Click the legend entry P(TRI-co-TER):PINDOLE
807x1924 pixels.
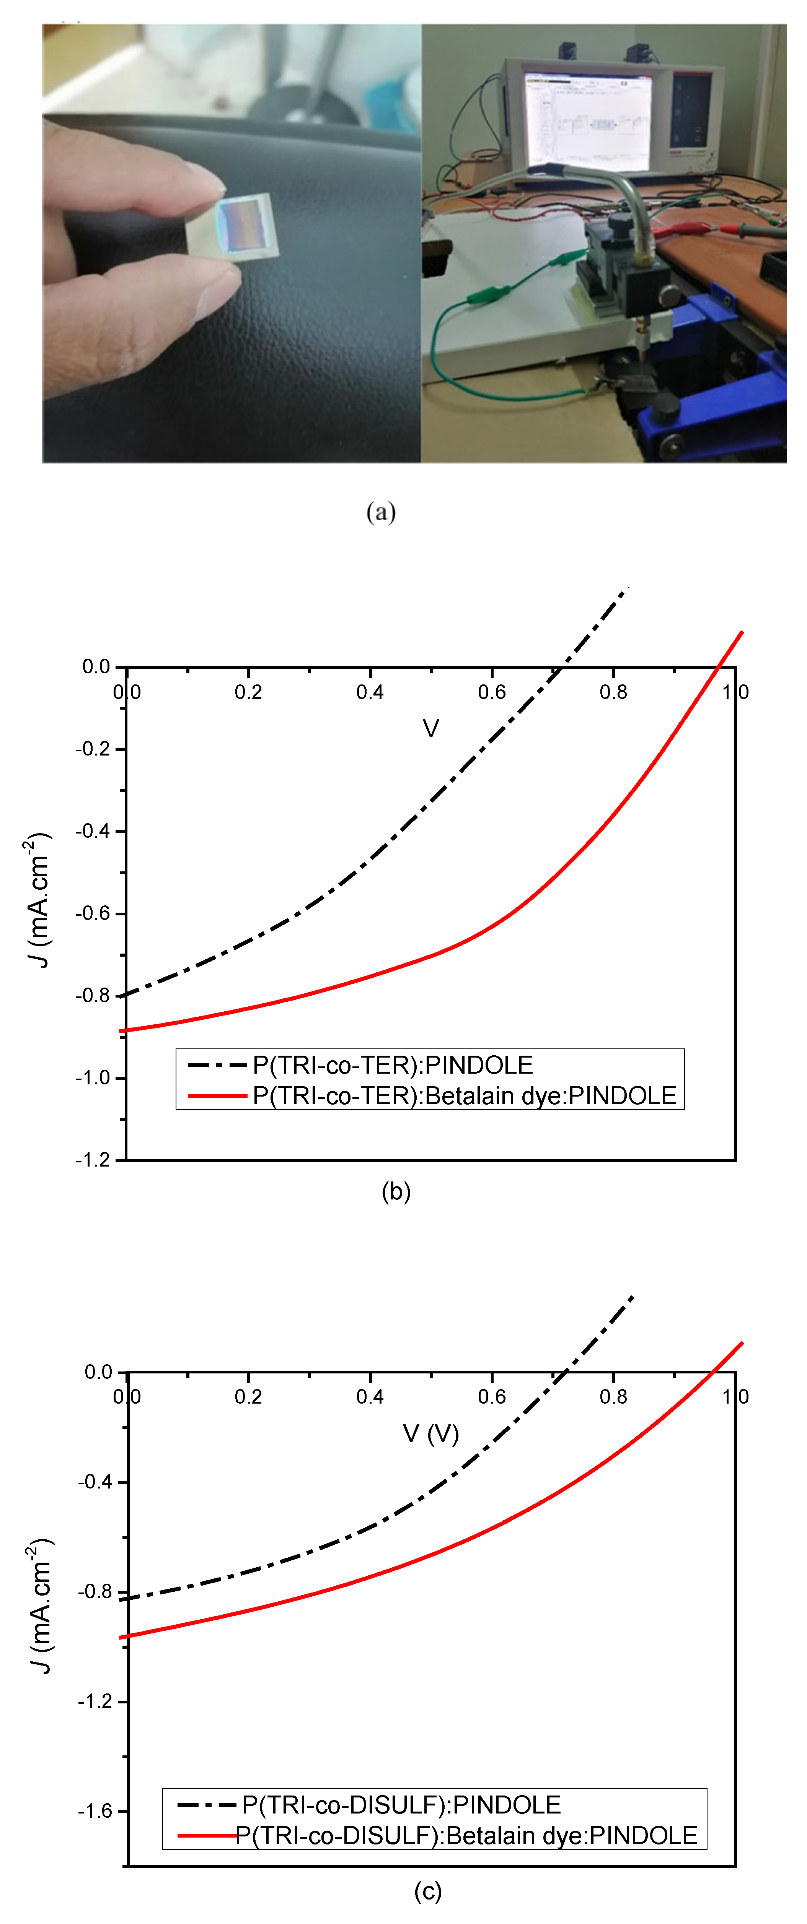[x=392, y=1064]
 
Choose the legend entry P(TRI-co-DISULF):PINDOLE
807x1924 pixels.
[x=401, y=1804]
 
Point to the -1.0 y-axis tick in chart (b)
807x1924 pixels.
[x=93, y=1078]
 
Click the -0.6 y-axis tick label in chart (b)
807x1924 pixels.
[x=93, y=913]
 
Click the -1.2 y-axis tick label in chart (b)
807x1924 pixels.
[x=93, y=1160]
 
